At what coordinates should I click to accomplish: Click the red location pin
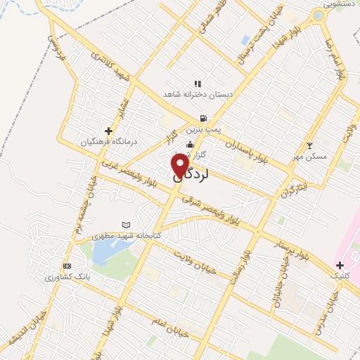(181, 166)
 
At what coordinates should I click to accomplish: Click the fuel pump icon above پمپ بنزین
(203, 118)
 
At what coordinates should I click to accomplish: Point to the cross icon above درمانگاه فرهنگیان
(108, 130)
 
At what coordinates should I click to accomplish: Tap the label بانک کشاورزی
(68, 277)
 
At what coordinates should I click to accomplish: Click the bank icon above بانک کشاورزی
(67, 266)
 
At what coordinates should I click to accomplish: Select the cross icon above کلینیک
(340, 265)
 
